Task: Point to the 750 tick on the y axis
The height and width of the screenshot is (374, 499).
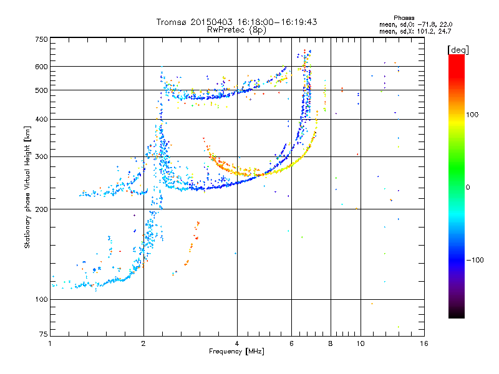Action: pyautogui.click(x=42, y=40)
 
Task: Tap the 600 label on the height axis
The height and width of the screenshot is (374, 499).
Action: pyautogui.click(x=42, y=67)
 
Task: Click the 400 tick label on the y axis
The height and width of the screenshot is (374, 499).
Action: pyautogui.click(x=42, y=119)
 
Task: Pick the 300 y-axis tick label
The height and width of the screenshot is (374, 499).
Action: pyautogui.click(x=42, y=156)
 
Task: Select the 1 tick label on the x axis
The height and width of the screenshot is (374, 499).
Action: pyautogui.click(x=51, y=343)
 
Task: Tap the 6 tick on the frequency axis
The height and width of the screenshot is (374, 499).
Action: pyautogui.click(x=291, y=343)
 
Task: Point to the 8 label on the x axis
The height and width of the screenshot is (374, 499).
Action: pyautogui.click(x=331, y=343)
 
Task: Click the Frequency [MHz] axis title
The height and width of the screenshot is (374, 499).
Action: pyautogui.click(x=236, y=352)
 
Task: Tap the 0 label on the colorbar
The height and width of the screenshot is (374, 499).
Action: pyautogui.click(x=467, y=187)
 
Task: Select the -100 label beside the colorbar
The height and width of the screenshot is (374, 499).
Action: pyautogui.click(x=477, y=260)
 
